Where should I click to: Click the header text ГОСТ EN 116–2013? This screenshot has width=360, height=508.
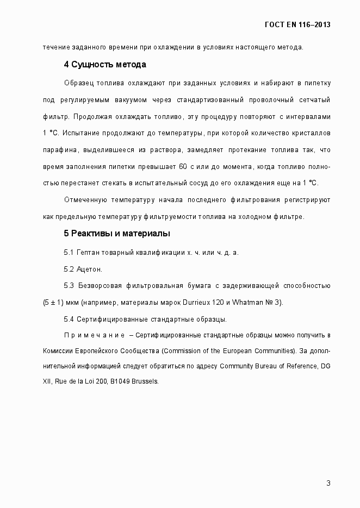297,25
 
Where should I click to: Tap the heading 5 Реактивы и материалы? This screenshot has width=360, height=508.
117,234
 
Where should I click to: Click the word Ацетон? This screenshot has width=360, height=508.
90,269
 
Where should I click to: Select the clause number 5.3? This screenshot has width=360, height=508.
69,285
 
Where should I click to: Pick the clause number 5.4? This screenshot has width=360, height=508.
69,319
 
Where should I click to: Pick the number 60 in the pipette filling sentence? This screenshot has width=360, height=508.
183,166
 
